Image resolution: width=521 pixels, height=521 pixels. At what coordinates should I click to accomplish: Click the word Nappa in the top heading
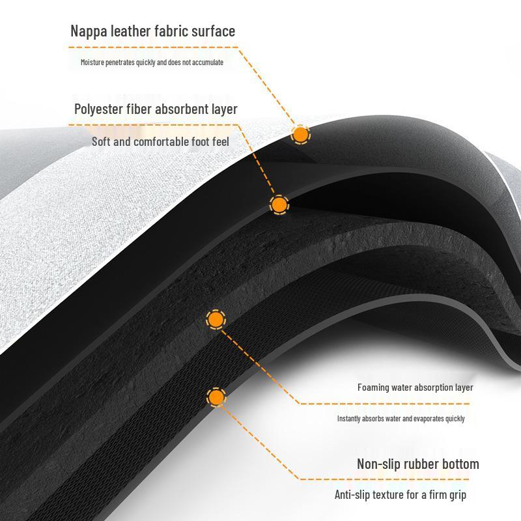coord(89,32)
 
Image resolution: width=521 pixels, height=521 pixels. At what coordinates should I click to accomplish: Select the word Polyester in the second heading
coord(98,109)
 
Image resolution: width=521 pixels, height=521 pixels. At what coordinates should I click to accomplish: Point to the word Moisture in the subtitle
coord(92,62)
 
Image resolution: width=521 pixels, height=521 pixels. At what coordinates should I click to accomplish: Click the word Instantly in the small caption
coord(349,419)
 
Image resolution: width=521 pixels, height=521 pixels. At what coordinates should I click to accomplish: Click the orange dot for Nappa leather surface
coord(301,135)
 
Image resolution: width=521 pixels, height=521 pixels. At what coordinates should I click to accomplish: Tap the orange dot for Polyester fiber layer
coord(279,204)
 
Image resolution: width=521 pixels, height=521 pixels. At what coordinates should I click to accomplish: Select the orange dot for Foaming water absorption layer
coord(216,319)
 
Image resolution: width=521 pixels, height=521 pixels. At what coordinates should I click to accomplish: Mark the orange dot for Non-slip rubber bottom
coord(216,397)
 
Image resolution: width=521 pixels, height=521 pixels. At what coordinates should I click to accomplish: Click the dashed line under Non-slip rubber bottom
coord(384,479)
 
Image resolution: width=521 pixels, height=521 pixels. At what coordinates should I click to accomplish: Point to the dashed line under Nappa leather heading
coord(154,48)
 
